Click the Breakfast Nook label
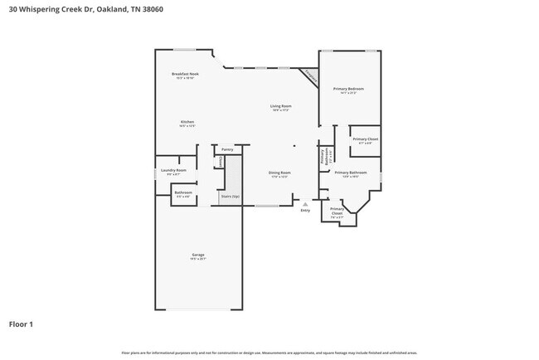click(x=185, y=75)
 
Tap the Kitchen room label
click(x=187, y=122)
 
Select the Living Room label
click(x=280, y=106)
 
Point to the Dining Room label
click(x=279, y=173)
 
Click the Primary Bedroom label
click(x=348, y=89)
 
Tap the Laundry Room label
click(x=173, y=170)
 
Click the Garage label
click(x=198, y=255)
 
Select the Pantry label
click(x=226, y=150)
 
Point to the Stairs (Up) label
click(x=230, y=197)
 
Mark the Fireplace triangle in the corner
click(x=310, y=75)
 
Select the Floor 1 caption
click(x=22, y=324)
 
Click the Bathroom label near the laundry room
click(x=182, y=193)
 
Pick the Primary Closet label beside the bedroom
click(x=365, y=139)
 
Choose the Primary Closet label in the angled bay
click(x=337, y=212)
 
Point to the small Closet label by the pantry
click(x=220, y=162)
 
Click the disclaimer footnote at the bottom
click(x=269, y=353)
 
